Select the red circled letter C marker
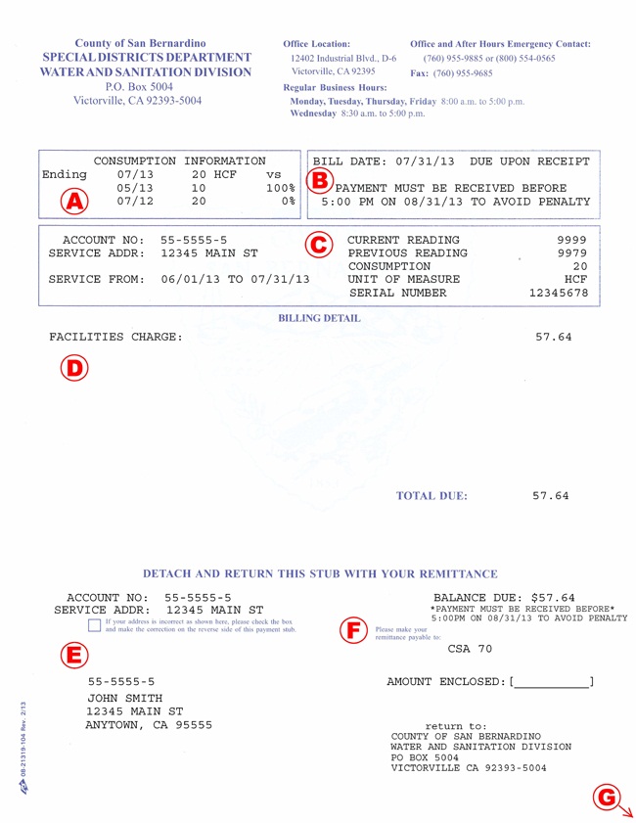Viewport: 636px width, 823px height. [x=316, y=244]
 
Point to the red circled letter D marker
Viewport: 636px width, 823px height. [x=73, y=366]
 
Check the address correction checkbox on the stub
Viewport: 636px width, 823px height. [x=93, y=624]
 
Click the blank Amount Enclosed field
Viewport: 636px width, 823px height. [x=552, y=682]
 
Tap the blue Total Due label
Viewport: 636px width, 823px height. [x=432, y=496]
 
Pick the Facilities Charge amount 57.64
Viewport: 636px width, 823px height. [x=554, y=338]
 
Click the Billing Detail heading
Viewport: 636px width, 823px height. [x=319, y=319]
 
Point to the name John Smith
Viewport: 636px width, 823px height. [x=124, y=697]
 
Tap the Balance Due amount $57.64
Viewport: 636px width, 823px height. [x=553, y=598]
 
